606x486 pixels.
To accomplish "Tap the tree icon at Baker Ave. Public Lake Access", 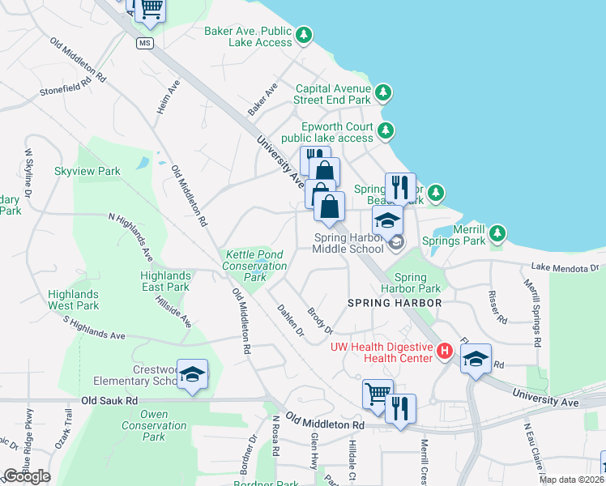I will (x=304, y=35).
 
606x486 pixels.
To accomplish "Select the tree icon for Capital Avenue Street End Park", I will (x=383, y=94).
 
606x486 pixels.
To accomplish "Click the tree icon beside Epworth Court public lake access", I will (x=386, y=130).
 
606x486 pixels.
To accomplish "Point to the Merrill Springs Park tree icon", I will (x=497, y=235).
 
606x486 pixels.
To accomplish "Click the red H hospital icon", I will (x=444, y=351).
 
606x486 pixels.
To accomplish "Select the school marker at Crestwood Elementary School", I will (x=192, y=375).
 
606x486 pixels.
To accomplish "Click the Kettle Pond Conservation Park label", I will (x=254, y=266).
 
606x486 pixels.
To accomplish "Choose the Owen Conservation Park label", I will (x=154, y=425).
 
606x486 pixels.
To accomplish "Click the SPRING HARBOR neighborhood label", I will (x=395, y=303).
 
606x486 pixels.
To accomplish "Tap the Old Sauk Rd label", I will (x=110, y=401).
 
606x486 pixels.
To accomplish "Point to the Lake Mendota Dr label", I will (x=565, y=267).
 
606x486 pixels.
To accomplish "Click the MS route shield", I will (x=144, y=43).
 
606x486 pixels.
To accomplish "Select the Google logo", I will (x=26, y=476).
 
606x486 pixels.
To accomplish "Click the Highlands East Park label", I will (x=165, y=281).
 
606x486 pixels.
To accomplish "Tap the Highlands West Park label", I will (x=73, y=300).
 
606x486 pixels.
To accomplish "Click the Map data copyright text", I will (x=570, y=480).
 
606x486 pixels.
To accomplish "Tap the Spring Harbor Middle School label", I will (x=349, y=243).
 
